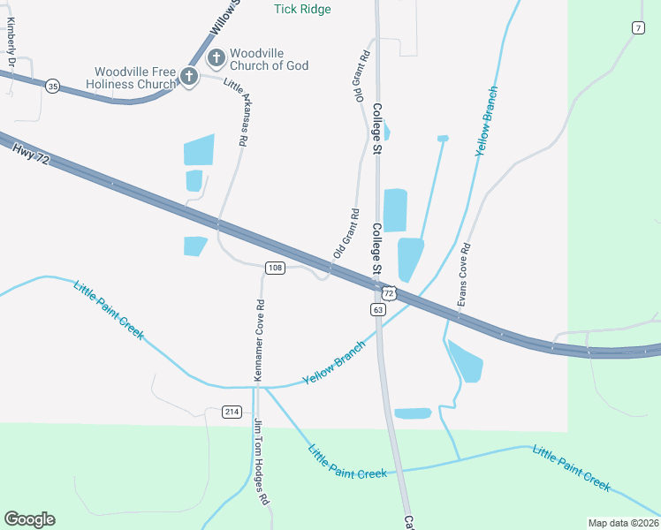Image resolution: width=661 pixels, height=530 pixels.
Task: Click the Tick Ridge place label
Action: pyautogui.click(x=302, y=10)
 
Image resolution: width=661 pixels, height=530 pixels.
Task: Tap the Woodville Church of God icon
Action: pyautogui.click(x=216, y=59)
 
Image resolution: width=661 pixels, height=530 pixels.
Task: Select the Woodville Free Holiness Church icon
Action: pyautogui.click(x=188, y=78)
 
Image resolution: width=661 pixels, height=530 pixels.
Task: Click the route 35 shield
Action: pyautogui.click(x=53, y=86)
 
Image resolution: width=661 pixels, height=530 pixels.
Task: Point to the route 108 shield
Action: pyautogui.click(x=275, y=268)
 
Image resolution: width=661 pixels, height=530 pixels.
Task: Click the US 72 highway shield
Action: pyautogui.click(x=389, y=291)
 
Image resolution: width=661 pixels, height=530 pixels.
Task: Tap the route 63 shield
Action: pyautogui.click(x=378, y=309)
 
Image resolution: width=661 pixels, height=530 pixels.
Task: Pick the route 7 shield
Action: pyautogui.click(x=637, y=28)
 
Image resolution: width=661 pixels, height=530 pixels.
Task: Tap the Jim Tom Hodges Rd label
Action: pyautogui.click(x=261, y=460)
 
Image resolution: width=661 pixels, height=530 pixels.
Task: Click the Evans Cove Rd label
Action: pyautogui.click(x=463, y=276)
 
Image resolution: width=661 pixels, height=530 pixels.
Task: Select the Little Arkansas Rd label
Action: pyautogui.click(x=237, y=112)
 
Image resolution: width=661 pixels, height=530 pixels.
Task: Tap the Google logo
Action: pyautogui.click(x=29, y=519)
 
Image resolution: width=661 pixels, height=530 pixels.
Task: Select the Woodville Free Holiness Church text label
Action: pyautogui.click(x=136, y=78)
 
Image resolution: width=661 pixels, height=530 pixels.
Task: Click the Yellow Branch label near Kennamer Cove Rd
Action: pyautogui.click(x=334, y=363)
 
